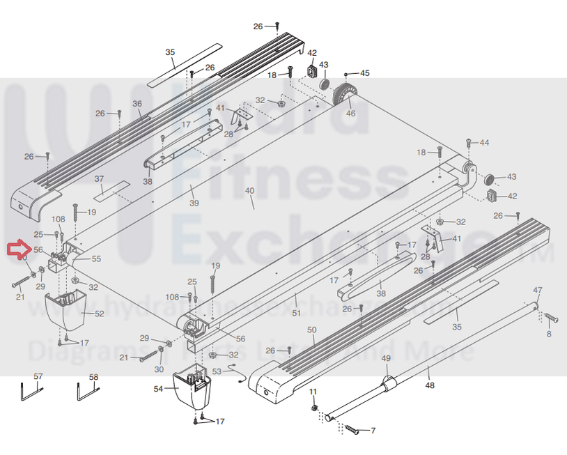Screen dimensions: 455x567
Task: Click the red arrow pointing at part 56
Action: pyautogui.click(x=16, y=249)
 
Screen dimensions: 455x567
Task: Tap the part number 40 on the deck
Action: pyautogui.click(x=251, y=191)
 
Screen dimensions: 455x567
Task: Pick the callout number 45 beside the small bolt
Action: pyautogui.click(x=364, y=73)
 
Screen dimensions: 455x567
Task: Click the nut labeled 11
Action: pyautogui.click(x=313, y=408)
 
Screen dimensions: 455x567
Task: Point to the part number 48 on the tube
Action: pyautogui.click(x=429, y=385)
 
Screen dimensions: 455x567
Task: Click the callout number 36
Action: pyautogui.click(x=137, y=104)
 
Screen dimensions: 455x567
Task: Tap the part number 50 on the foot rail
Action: pyautogui.click(x=311, y=330)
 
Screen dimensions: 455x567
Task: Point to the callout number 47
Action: pyautogui.click(x=537, y=290)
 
